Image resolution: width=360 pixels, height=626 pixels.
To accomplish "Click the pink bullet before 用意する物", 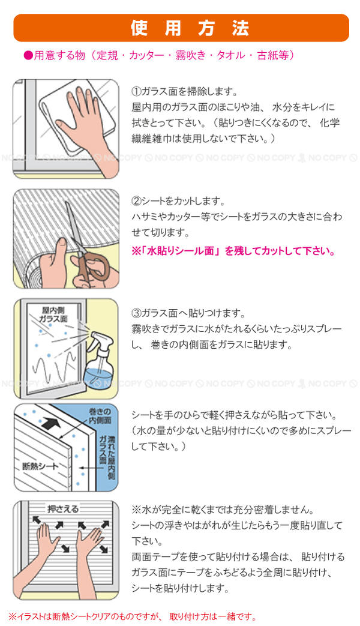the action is click(28, 56).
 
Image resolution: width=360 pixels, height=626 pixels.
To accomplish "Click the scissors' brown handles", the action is click(92, 265).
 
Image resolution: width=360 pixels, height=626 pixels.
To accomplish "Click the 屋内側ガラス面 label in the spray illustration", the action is click(53, 314).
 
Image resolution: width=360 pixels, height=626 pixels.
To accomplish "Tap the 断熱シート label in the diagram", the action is click(40, 466).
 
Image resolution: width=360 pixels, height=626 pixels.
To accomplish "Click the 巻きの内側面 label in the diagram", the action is click(100, 415).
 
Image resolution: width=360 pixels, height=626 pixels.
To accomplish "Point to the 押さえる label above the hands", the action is click(63, 509).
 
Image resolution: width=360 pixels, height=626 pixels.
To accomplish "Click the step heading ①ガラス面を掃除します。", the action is click(185, 91).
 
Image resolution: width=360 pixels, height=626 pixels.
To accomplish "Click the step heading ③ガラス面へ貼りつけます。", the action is click(188, 313).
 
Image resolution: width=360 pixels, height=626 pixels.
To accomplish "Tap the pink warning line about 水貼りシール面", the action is click(233, 251).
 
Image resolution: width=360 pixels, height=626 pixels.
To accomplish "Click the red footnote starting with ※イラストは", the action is click(132, 617).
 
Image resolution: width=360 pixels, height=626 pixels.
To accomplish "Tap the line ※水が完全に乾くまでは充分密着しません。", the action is click(223, 510).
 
